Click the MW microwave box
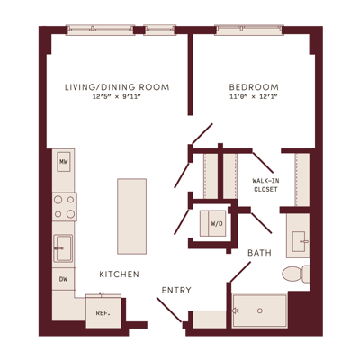coord(64,162)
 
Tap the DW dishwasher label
coord(63,279)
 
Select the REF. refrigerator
coord(103,311)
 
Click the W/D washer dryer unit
coord(213,223)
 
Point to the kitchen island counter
coord(132,216)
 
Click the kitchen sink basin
coord(63,248)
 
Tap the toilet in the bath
coord(296,274)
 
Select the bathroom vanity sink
coord(299,241)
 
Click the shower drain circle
coord(260,310)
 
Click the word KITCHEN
coord(119,274)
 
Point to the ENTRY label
coord(176,290)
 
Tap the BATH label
coord(259,253)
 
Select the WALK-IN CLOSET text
coord(265,185)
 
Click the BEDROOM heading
coord(254,87)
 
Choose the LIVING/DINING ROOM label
coord(117,87)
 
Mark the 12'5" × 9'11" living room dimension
coord(117,97)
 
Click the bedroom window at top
coord(249,30)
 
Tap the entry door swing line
coord(169,310)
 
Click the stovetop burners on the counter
coord(65,207)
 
